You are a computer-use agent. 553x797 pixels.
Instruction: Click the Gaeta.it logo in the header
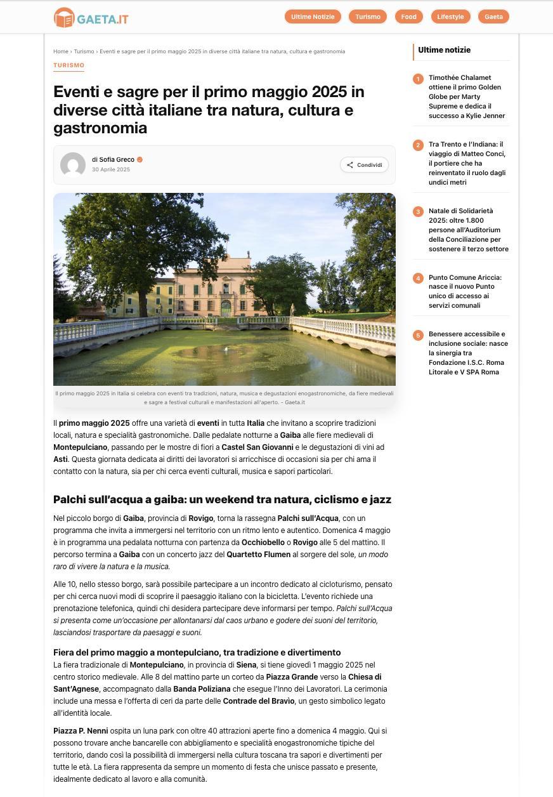click(91, 18)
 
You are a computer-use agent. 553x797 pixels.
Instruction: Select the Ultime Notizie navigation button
click(313, 16)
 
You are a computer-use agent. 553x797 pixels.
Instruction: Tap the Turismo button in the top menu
click(368, 16)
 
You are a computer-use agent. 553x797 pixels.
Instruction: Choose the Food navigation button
click(408, 16)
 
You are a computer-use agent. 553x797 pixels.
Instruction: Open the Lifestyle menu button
click(450, 16)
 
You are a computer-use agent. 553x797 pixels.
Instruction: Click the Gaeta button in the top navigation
click(493, 16)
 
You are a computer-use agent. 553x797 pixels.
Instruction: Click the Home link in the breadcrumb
click(60, 51)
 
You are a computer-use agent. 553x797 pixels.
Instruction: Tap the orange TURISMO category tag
click(68, 65)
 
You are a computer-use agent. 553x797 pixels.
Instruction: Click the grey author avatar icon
click(73, 165)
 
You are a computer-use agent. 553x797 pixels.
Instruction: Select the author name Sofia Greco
click(117, 160)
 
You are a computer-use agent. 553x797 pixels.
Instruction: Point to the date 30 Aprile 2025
click(111, 169)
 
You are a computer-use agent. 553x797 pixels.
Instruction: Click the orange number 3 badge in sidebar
click(418, 211)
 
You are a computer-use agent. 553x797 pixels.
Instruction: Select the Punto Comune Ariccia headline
click(465, 291)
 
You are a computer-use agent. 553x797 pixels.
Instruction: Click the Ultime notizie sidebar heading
click(444, 50)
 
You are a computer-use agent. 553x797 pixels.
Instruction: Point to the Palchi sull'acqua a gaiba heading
click(222, 499)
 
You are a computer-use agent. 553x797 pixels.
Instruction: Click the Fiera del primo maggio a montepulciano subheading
click(197, 652)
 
